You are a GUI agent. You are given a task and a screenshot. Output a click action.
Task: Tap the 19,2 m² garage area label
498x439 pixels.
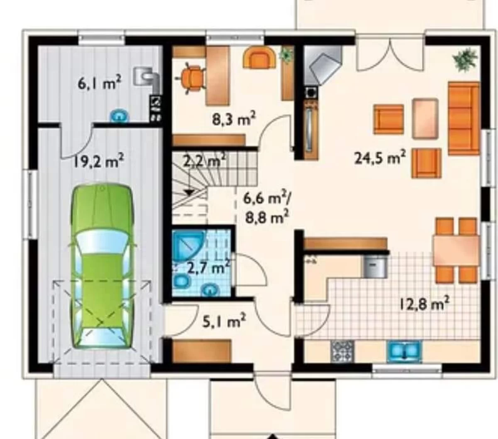point(98,160)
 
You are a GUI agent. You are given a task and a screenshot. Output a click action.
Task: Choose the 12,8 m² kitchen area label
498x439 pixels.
point(422,304)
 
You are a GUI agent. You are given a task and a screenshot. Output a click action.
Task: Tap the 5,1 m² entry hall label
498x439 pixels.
point(224,321)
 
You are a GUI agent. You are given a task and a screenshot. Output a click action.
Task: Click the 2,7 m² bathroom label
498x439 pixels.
point(208,268)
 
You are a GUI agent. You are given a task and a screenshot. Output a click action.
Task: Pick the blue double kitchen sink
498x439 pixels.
point(404,351)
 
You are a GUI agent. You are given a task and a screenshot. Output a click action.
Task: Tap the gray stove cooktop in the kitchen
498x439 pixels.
point(342,351)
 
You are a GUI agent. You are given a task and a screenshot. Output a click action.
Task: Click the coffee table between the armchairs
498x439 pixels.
point(425,118)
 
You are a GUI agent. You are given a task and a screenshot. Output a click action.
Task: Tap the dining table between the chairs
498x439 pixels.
point(456,250)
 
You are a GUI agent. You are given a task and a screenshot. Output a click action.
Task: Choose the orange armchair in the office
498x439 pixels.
point(259,57)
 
